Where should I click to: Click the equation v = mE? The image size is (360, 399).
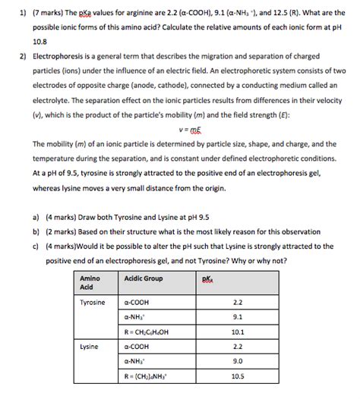pos(181,128)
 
